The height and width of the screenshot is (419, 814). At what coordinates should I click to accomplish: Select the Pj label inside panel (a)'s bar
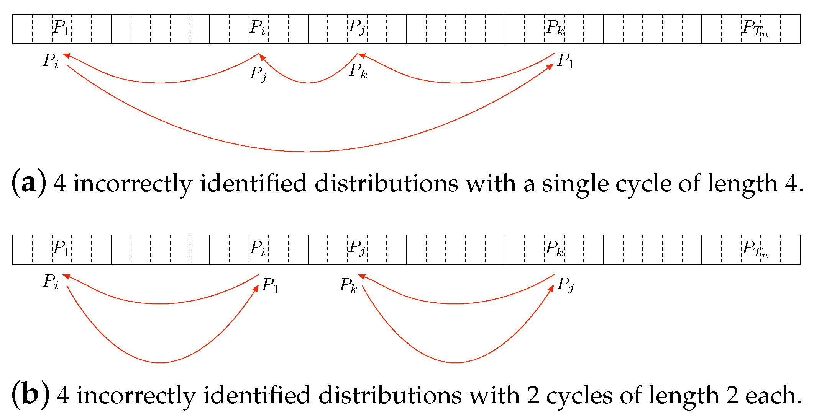[357, 28]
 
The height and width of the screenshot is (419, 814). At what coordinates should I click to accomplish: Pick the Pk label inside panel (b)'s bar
[555, 249]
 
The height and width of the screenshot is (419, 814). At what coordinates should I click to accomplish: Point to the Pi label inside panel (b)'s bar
[258, 249]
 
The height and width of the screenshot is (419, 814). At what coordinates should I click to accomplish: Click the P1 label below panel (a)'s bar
[566, 61]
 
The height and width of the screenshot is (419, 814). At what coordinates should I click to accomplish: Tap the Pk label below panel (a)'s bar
[358, 71]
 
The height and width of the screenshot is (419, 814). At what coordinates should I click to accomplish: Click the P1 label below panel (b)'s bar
[270, 286]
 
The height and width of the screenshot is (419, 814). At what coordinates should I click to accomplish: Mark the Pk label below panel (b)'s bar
[348, 286]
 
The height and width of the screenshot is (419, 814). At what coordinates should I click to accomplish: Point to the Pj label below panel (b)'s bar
[566, 285]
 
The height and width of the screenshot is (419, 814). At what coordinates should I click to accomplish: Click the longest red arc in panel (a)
[307, 152]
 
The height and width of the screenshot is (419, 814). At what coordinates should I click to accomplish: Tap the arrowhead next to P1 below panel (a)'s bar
[550, 67]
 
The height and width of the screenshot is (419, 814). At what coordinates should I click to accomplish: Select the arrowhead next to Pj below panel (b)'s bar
[551, 288]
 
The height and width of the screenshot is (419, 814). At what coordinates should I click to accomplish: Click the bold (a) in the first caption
[29, 183]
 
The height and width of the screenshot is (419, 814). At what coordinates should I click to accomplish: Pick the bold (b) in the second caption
[31, 395]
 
